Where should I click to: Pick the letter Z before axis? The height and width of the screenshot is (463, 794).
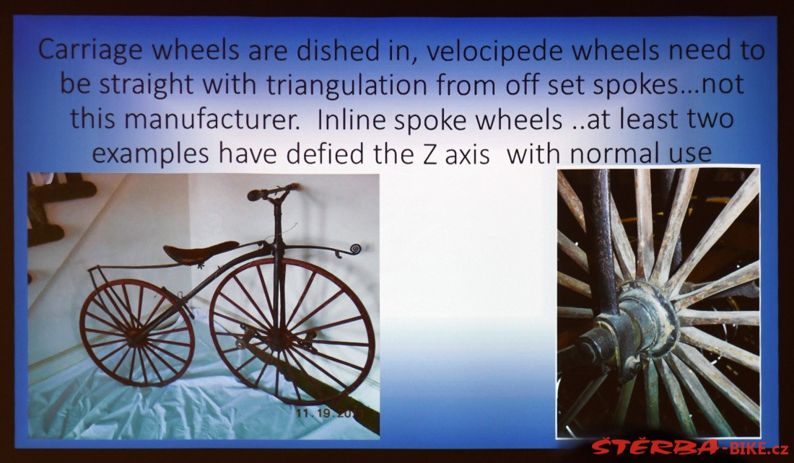pyautogui.click(x=429, y=154)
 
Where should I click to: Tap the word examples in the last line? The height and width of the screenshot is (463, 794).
pyautogui.click(x=150, y=154)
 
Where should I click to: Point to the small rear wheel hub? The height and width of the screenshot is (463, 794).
pyautogui.click(x=136, y=335)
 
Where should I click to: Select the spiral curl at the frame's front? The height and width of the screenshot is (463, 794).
pyautogui.click(x=356, y=249)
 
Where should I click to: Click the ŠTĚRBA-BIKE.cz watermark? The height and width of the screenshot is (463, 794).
pyautogui.click(x=689, y=447)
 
